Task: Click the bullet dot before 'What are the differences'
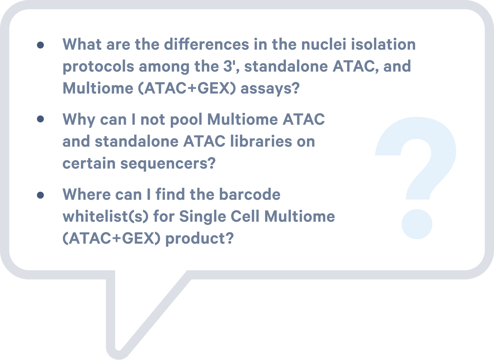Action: tap(40, 45)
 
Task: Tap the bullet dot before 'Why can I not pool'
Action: tap(40, 119)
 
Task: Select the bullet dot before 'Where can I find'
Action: tap(40, 195)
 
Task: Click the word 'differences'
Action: tap(207, 44)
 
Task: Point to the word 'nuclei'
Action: tap(324, 44)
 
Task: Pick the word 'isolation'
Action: tap(383, 44)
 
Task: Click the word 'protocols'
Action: tap(98, 67)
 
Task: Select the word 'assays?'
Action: tap(270, 89)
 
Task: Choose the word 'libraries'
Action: tap(261, 141)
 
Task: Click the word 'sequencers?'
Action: tap(168, 164)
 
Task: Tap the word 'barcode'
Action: tap(250, 194)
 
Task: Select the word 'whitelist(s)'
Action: tap(106, 217)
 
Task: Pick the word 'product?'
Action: tap(199, 239)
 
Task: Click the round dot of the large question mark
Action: tap(417, 224)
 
